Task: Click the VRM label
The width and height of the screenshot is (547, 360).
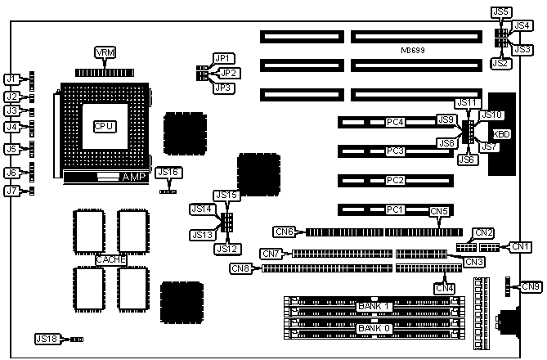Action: [x=105, y=53]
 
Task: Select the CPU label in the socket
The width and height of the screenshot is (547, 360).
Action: [x=104, y=127]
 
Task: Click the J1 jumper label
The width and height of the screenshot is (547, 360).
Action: [x=11, y=79]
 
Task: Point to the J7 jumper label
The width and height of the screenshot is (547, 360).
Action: [x=11, y=191]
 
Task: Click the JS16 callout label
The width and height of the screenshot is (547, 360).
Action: [x=167, y=172]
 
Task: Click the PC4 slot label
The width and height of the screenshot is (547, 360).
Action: [x=396, y=123]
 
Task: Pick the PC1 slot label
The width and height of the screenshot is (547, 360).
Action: [x=396, y=210]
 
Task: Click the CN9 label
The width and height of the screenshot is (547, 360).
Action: [x=531, y=286]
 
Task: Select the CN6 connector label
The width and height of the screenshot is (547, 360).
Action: [x=283, y=232]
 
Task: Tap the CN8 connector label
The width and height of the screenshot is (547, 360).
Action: [x=240, y=268]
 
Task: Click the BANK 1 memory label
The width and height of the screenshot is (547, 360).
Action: [x=374, y=306]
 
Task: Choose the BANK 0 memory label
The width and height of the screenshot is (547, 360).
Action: [x=374, y=328]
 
